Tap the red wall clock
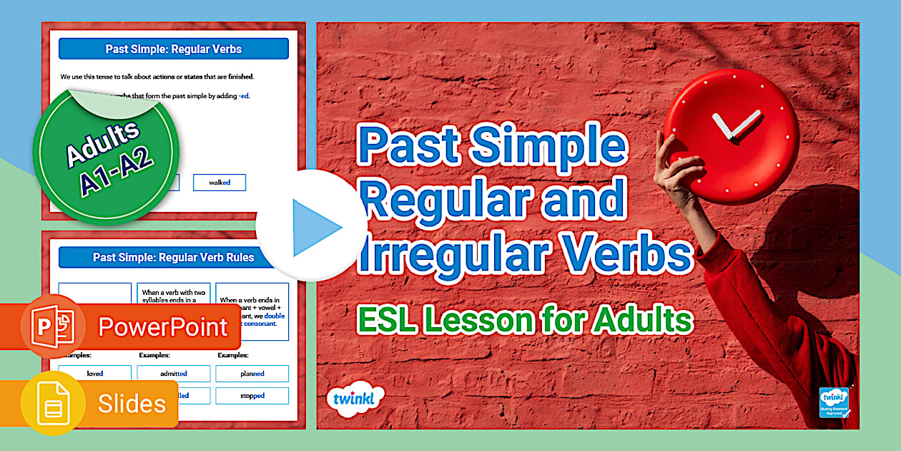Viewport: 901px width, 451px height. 730,136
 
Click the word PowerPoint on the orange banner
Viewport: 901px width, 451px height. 163,326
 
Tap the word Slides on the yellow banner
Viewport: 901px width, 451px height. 132,403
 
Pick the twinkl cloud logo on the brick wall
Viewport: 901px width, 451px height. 355,398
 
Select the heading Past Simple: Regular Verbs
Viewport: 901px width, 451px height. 174,49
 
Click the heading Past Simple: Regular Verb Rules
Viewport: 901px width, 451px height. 174,257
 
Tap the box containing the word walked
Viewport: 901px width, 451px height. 220,183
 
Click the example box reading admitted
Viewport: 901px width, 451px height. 174,374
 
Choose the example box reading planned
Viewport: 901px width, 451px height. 252,374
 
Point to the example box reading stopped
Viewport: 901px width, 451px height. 252,396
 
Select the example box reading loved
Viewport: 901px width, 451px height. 95,374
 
